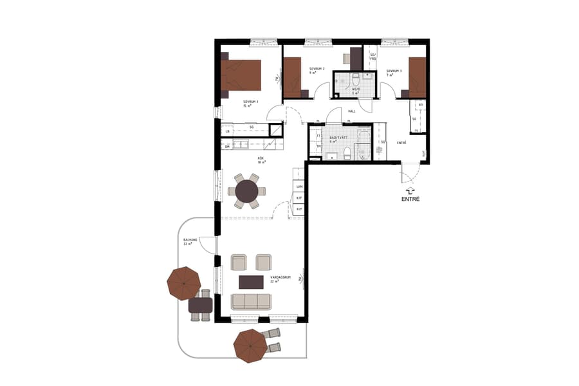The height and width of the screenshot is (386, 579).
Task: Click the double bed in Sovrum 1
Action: coord(241,75)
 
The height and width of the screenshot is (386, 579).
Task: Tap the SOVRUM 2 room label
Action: coord(317,69)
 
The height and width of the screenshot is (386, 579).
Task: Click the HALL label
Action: coord(352,111)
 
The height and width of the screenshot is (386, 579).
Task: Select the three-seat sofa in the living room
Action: coord(252,300)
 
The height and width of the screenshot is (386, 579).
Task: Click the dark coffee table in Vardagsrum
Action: coord(251,282)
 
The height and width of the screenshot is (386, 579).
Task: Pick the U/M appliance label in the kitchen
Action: coord(299,187)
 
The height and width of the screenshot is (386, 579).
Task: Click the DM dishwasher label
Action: coord(227,147)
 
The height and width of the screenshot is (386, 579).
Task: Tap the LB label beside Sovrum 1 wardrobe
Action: coord(227,131)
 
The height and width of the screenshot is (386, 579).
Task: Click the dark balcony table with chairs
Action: coord(200,304)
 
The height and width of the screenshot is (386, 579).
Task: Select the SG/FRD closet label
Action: coord(372,57)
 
